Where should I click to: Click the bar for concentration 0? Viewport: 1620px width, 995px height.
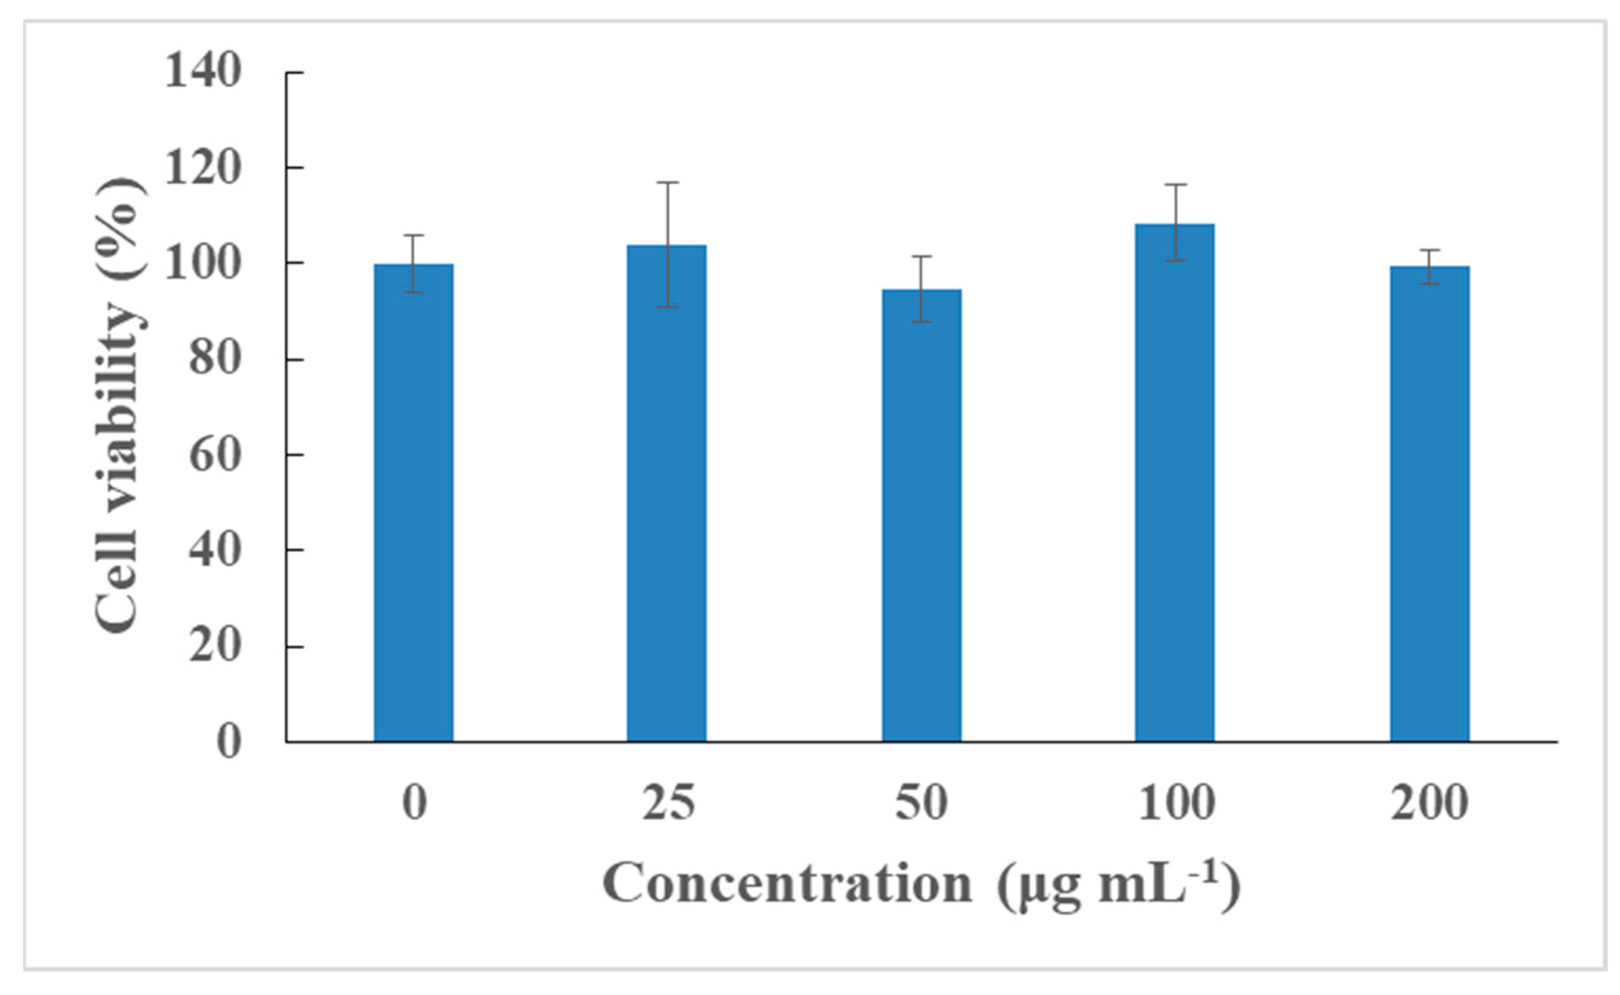pos(414,504)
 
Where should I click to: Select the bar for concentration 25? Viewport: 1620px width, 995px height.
pos(666,494)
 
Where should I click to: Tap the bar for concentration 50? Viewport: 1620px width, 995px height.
pos(922,516)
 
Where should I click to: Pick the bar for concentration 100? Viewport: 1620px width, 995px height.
pos(1175,484)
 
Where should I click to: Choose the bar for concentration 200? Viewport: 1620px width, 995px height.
pos(1429,505)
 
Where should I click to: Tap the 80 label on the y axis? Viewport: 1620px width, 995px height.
pos(214,359)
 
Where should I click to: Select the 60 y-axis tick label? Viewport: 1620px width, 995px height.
pos(214,455)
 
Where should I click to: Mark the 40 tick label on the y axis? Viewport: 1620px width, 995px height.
pos(214,551)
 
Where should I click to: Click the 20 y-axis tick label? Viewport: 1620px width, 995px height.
pos(214,647)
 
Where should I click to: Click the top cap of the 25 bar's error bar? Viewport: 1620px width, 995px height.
pos(667,182)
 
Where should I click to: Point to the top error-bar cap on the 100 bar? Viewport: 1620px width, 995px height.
pos(1175,184)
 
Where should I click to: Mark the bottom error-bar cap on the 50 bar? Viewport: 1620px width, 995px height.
pos(922,322)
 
